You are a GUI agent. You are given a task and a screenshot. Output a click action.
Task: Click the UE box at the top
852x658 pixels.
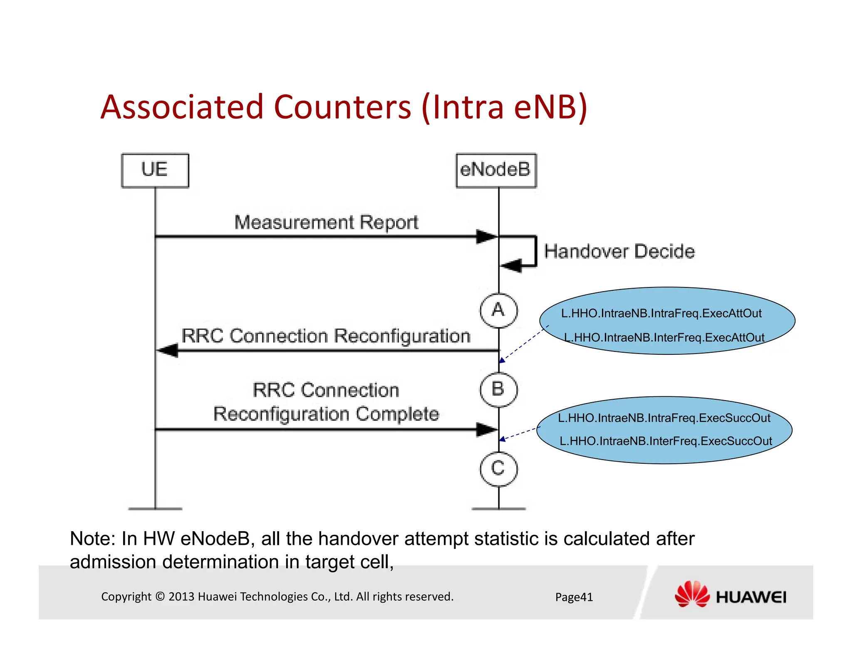click(x=155, y=170)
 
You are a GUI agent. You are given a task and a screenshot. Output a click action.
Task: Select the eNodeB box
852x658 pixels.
click(x=496, y=170)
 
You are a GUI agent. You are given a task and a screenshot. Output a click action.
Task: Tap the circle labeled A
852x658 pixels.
click(x=498, y=310)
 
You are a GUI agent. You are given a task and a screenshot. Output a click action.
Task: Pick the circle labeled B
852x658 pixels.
click(x=498, y=389)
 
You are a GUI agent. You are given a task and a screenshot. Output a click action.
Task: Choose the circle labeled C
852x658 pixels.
click(x=498, y=469)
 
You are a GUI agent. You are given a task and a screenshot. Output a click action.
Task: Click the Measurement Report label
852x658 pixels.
click(x=326, y=223)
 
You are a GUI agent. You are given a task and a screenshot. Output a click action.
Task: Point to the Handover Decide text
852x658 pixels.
click(x=619, y=252)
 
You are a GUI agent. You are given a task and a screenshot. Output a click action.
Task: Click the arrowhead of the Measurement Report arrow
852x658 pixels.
click(x=486, y=237)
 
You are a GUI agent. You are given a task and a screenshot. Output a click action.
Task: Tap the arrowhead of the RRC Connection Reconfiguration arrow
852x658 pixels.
click(x=168, y=350)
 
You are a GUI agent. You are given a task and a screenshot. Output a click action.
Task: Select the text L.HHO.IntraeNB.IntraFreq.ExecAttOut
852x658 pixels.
click(x=661, y=314)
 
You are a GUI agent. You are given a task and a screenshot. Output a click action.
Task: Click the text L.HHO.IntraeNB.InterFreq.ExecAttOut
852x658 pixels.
click(x=664, y=337)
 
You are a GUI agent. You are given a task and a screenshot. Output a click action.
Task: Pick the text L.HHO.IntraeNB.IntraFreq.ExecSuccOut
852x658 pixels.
click(x=664, y=418)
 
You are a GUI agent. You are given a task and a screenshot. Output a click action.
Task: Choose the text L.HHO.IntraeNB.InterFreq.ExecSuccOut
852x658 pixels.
click(x=666, y=441)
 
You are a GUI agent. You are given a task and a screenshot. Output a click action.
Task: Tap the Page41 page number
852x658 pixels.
click(x=574, y=597)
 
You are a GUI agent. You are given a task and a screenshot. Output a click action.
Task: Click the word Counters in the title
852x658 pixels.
click(x=342, y=107)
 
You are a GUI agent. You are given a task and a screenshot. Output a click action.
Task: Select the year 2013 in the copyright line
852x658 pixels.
click(x=181, y=596)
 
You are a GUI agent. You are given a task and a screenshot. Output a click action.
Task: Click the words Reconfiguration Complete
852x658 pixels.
click(x=326, y=414)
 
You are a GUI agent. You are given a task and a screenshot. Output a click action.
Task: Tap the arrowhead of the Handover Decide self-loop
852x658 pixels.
click(x=511, y=265)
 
